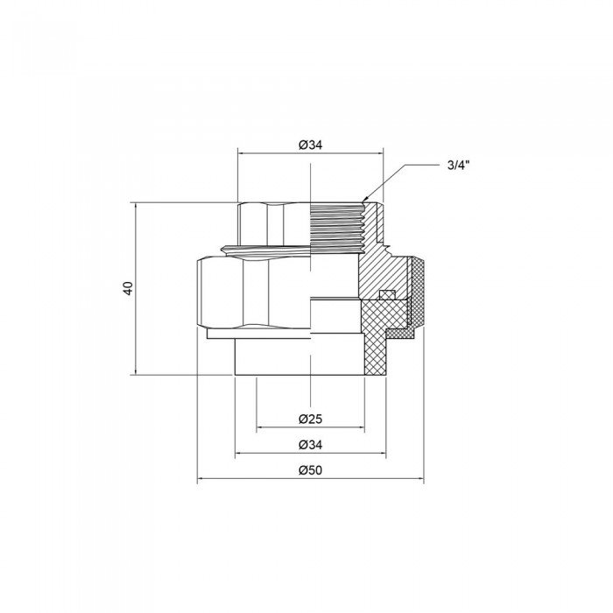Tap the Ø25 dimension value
(311, 418)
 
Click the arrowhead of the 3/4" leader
(365, 201)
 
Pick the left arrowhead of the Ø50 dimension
(201, 481)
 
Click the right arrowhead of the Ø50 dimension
(420, 481)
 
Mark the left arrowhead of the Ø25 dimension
(259, 427)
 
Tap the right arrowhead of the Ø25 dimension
(362, 427)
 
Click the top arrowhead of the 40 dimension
(137, 206)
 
